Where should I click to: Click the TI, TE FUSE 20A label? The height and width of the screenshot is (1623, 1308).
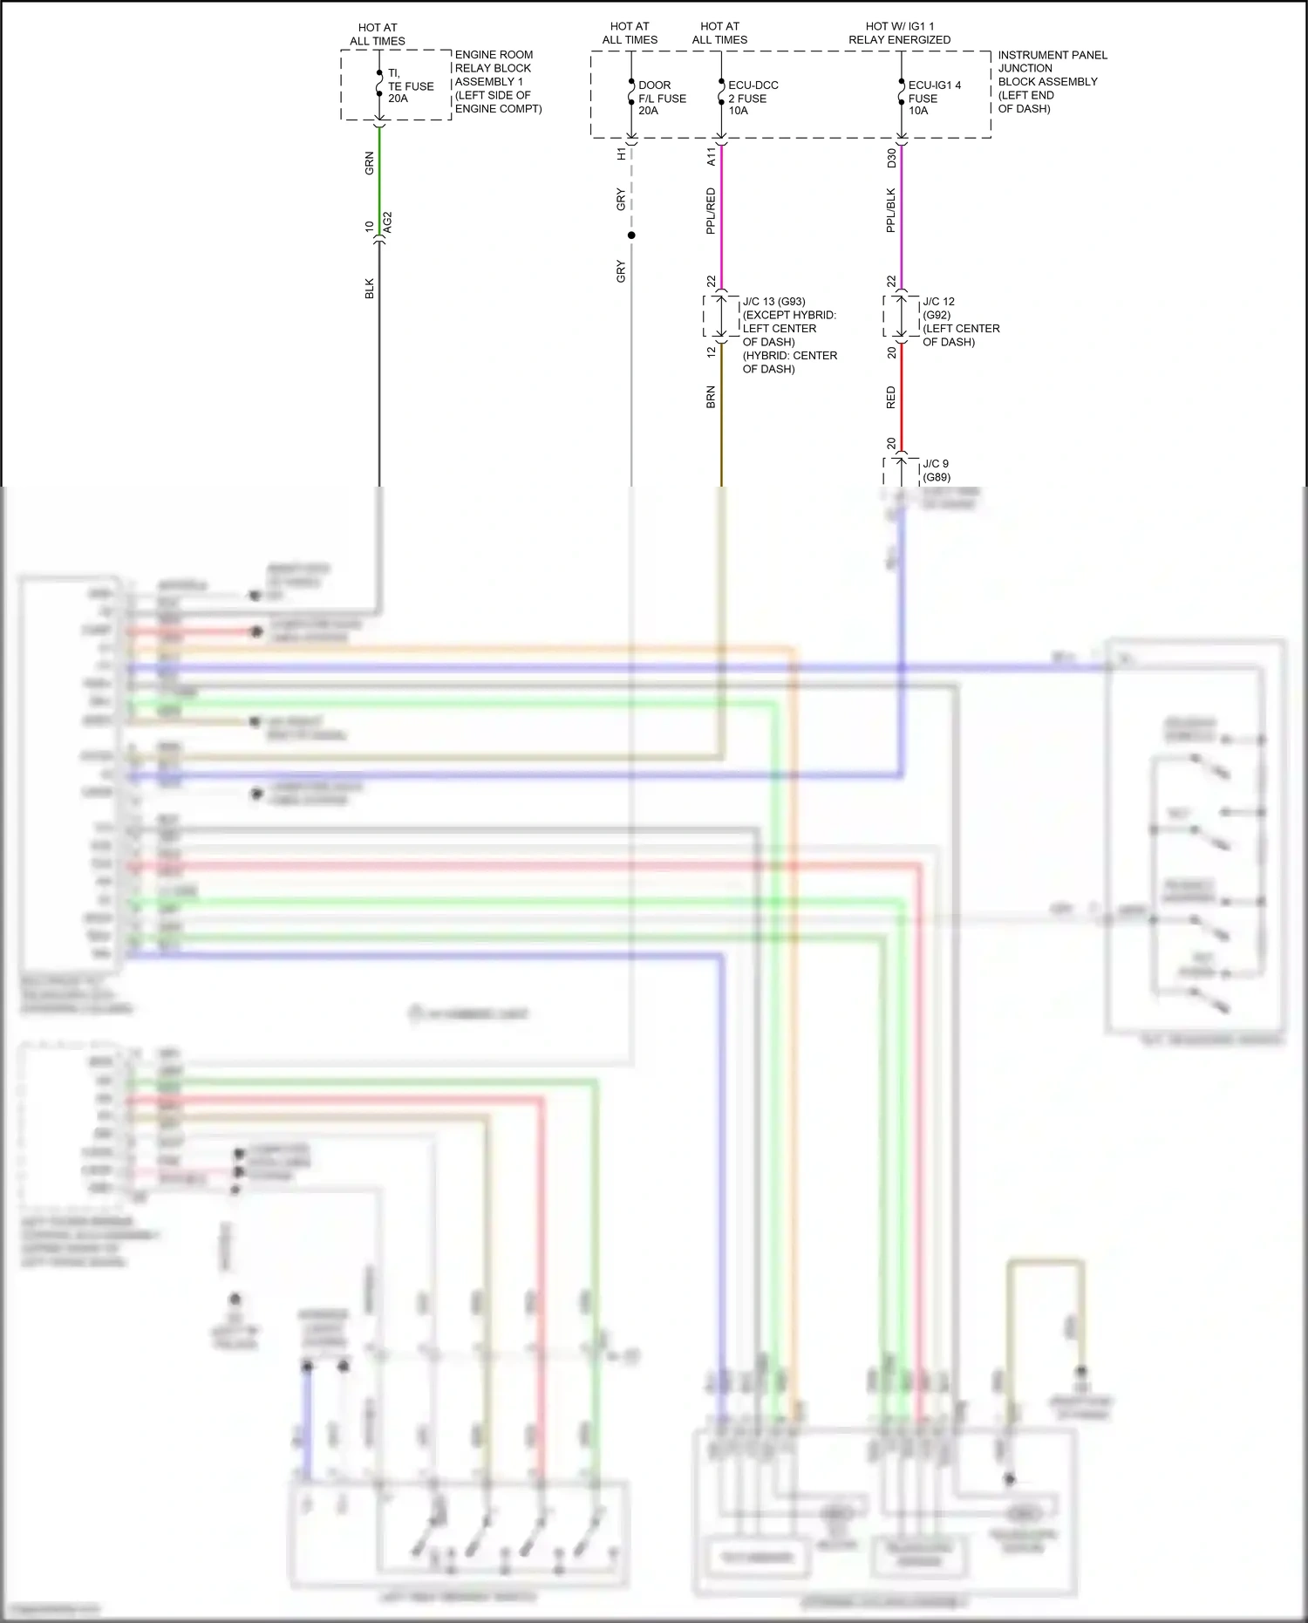(x=409, y=85)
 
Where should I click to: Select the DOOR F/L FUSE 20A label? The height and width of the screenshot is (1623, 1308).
(x=661, y=98)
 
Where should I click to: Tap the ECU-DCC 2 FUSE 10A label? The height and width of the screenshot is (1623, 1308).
(x=752, y=98)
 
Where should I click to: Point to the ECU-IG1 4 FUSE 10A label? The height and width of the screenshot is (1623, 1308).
(x=933, y=98)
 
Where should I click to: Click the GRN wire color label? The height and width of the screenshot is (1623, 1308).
(x=370, y=163)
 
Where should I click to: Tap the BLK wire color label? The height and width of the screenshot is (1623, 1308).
(x=370, y=289)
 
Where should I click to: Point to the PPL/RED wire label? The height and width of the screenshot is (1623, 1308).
(x=711, y=211)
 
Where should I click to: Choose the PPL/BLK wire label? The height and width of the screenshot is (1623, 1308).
(x=890, y=210)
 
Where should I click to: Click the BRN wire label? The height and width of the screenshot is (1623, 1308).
(x=711, y=398)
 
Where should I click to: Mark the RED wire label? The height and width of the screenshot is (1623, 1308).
(x=890, y=398)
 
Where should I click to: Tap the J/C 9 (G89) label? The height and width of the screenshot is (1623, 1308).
(x=936, y=470)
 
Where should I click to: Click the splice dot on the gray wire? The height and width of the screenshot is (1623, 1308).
(x=631, y=235)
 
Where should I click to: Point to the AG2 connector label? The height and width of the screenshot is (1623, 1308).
(x=388, y=222)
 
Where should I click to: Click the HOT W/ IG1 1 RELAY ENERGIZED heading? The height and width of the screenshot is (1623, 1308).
(x=899, y=33)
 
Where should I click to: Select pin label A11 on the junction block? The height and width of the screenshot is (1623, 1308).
(x=711, y=156)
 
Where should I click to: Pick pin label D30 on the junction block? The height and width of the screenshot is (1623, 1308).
(x=890, y=158)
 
